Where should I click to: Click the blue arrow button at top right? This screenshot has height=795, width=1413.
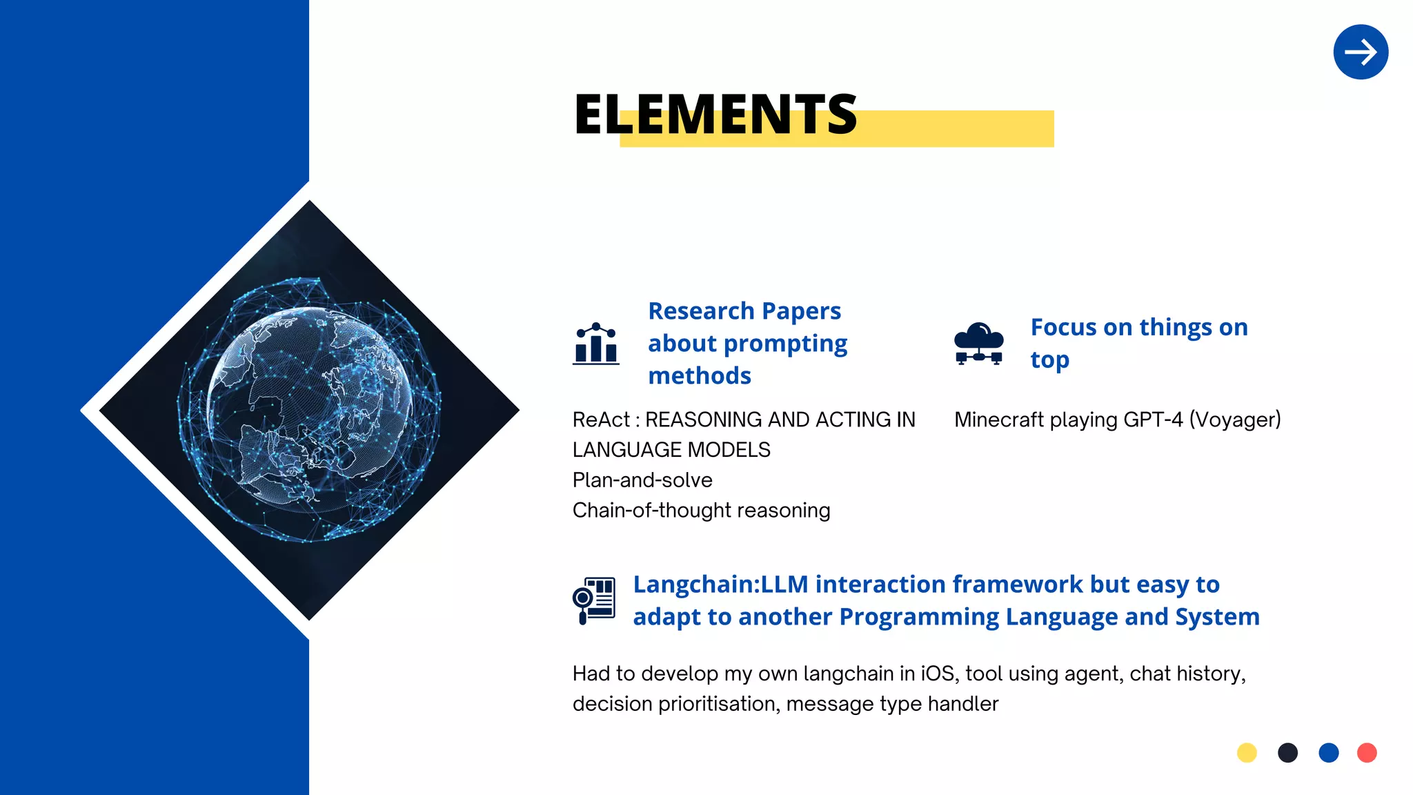coord(1360,52)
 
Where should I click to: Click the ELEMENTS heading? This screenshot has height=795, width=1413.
coord(715,115)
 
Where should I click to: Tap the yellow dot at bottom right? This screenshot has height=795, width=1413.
coord(1247,752)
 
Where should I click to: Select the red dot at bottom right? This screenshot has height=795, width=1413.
coord(1367,752)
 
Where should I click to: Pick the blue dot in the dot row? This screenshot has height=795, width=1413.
coord(1328,752)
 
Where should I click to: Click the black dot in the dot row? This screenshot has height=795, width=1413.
coord(1287,752)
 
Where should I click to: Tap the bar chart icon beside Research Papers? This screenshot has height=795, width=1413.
coord(596,344)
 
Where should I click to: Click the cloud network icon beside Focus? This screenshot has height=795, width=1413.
coord(978,344)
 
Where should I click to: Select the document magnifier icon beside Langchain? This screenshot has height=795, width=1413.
coord(594,600)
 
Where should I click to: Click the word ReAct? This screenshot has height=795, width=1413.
coord(601,420)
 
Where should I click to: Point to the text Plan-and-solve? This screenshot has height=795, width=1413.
coord(642,480)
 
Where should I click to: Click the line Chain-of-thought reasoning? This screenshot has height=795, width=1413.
coord(701,511)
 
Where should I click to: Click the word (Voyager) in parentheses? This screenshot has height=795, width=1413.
coord(1235,420)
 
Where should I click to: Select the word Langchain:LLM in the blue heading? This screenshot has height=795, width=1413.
coord(720,585)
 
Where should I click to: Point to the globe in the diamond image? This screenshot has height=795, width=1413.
coord(308,410)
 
